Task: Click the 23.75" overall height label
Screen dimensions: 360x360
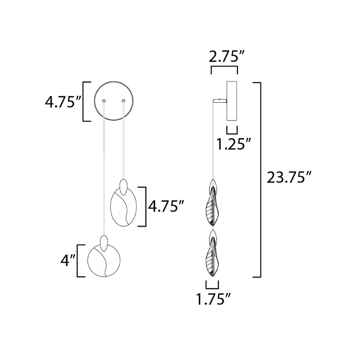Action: point(289,177)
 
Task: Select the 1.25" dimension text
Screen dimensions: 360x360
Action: point(234,144)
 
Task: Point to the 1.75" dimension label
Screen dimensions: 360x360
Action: point(213,299)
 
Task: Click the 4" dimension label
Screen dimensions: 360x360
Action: point(68,261)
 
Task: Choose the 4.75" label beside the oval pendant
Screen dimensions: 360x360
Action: point(166,206)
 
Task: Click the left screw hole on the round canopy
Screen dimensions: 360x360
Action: point(104,101)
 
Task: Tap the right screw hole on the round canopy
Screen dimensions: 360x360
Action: point(123,100)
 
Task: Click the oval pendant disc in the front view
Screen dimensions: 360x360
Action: point(123,207)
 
